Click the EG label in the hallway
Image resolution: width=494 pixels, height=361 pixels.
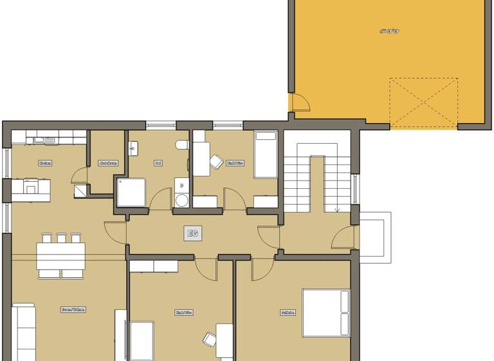pyautogui.click(x=192, y=233)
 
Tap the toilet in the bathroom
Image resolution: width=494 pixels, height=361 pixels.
pyautogui.click(x=183, y=145)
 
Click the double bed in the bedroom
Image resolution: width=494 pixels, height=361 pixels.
pyautogui.click(x=326, y=313)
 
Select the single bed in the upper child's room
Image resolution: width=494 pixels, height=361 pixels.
pyautogui.click(x=265, y=155)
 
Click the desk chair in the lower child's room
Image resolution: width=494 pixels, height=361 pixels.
pyautogui.click(x=210, y=338)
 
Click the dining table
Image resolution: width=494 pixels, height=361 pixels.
pyautogui.click(x=60, y=255)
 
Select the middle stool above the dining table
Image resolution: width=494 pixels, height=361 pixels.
pyautogui.click(x=62, y=238)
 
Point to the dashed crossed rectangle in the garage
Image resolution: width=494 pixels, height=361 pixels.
pyautogui.click(x=423, y=102)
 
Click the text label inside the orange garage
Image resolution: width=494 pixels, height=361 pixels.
pyautogui.click(x=390, y=30)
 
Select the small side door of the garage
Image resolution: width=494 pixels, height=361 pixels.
pyautogui.click(x=299, y=103)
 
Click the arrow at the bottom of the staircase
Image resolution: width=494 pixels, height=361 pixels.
pyautogui.click(x=337, y=210)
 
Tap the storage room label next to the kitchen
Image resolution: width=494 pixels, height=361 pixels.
pyautogui.click(x=107, y=163)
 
